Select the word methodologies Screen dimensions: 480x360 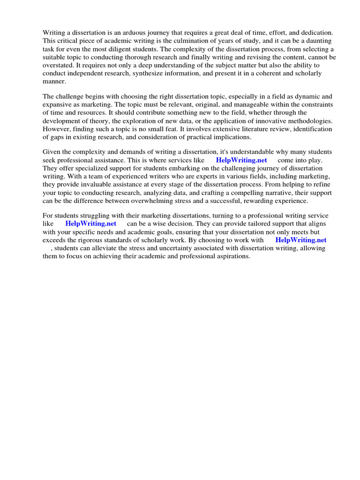tap(310, 120)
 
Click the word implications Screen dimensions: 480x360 tap(229, 137)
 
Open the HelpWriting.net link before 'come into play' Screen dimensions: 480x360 tap(241, 160)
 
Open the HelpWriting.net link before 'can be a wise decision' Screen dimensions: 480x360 tap(90, 224)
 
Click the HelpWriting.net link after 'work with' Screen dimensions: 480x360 tap(300, 240)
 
